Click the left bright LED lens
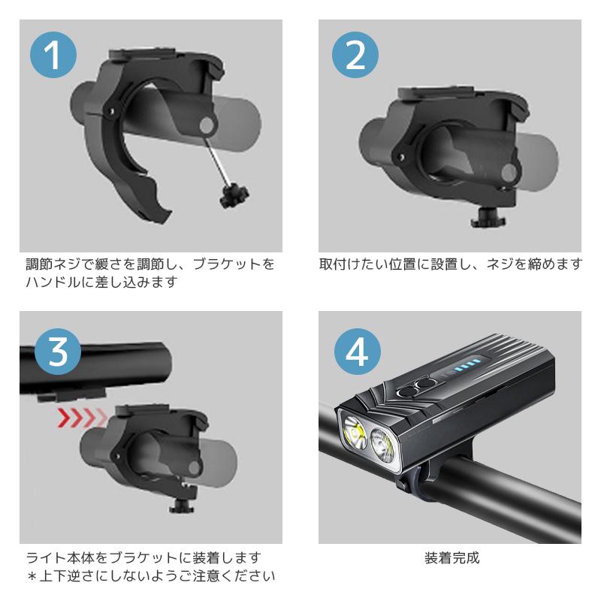[x=355, y=435]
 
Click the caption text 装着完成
[x=451, y=558]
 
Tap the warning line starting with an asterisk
[x=150, y=576]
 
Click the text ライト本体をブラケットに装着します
[x=143, y=558]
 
